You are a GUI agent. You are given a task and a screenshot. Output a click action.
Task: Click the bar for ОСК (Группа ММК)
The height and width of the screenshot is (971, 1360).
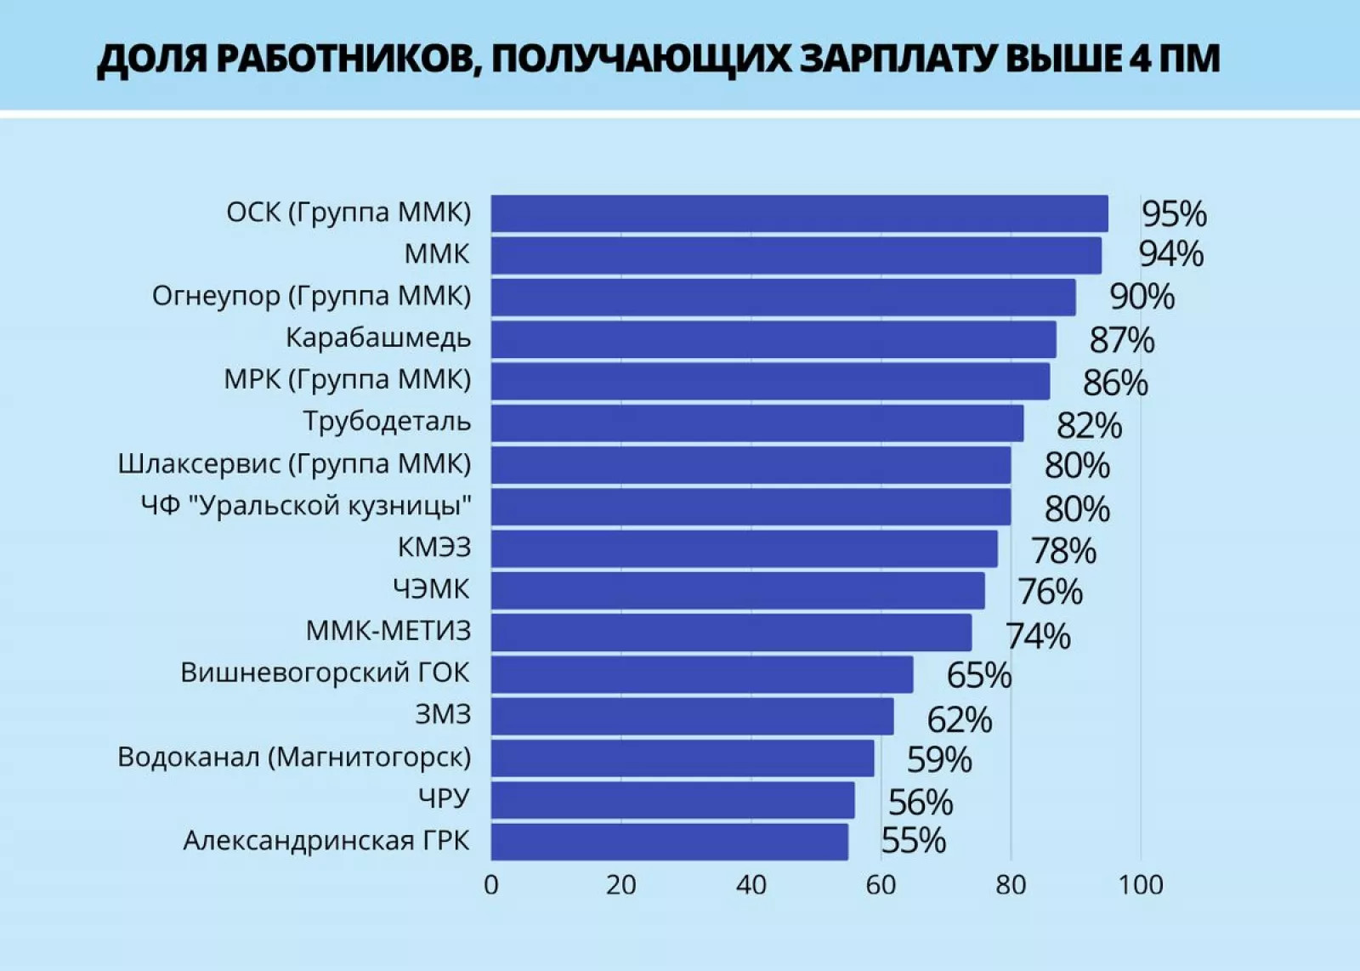(x=799, y=213)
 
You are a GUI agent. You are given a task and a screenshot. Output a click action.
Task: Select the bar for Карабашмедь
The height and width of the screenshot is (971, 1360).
(x=773, y=339)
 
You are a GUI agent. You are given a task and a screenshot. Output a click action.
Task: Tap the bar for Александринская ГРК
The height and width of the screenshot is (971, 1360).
(x=669, y=842)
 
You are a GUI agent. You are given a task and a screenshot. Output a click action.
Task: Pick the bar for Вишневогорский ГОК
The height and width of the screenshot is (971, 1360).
(x=702, y=674)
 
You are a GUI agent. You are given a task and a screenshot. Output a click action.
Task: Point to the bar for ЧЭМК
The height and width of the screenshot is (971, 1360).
(x=738, y=590)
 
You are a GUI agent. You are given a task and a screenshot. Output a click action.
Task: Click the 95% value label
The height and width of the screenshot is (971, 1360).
(x=1173, y=214)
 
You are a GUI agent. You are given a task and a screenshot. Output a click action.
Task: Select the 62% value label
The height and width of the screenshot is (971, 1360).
(x=959, y=720)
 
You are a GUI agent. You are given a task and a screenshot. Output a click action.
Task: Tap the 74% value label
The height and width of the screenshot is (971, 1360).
(x=1038, y=636)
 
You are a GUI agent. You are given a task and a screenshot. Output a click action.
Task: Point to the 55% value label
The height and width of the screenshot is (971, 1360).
(x=914, y=841)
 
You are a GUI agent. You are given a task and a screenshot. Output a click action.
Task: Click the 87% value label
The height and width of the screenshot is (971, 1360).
(x=1121, y=340)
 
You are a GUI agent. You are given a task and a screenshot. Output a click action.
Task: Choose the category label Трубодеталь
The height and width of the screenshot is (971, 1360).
(x=387, y=422)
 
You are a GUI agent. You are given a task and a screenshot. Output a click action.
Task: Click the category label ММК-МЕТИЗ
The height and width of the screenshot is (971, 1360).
(x=388, y=631)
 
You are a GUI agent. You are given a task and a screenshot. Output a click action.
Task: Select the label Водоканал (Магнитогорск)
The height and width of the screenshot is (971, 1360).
(x=294, y=757)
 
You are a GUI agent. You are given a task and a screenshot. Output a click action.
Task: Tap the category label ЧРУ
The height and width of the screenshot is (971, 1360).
(x=444, y=798)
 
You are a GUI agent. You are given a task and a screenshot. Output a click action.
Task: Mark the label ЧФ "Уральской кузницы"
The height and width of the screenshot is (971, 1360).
(x=306, y=506)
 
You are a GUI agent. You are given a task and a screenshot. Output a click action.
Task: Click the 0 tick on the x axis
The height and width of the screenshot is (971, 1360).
(x=491, y=885)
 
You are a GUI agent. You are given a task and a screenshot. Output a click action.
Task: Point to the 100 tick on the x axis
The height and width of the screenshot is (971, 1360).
(x=1140, y=885)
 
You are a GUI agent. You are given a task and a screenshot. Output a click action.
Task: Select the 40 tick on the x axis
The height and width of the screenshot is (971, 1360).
(x=751, y=885)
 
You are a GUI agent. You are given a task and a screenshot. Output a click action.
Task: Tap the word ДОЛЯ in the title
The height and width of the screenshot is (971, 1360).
(x=150, y=59)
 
